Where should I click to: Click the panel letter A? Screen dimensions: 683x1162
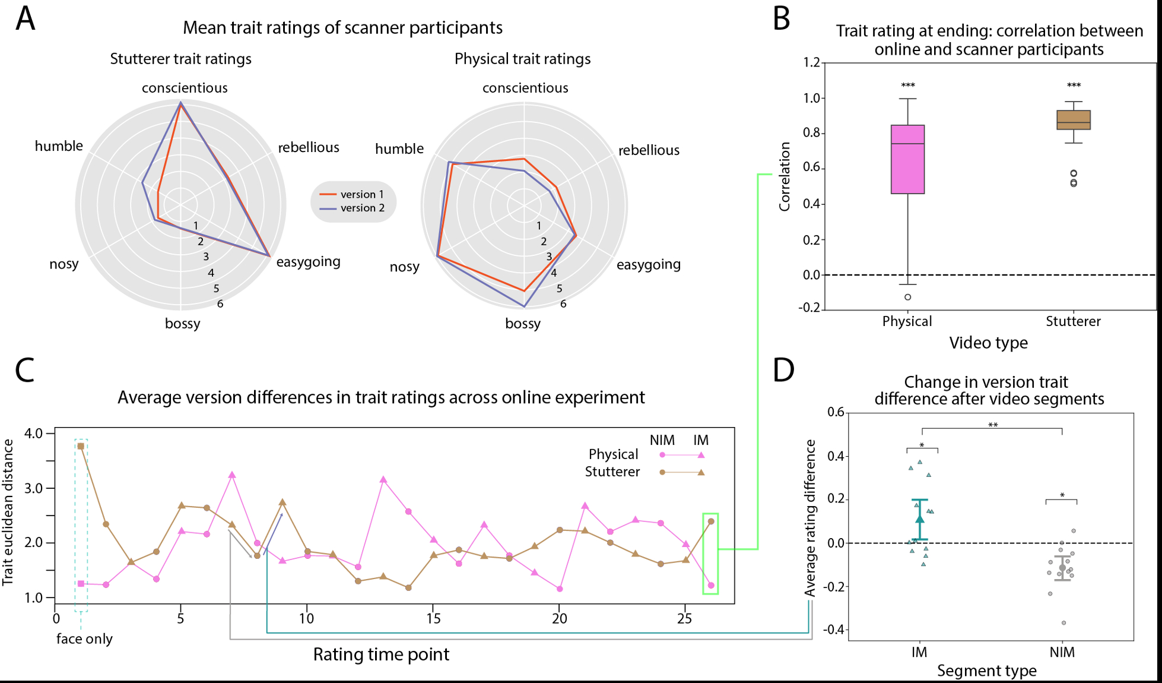pos(26,19)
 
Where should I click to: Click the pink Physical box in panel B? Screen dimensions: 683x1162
pos(907,159)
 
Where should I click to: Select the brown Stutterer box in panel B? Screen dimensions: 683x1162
pos(1074,120)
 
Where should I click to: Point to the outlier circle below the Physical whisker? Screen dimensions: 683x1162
pos(908,297)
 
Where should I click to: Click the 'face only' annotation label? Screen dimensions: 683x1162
pos(84,639)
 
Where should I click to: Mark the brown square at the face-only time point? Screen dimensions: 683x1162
pos(81,446)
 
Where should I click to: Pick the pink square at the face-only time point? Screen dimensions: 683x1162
pos(81,584)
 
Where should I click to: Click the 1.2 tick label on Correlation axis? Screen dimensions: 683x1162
pos(811,62)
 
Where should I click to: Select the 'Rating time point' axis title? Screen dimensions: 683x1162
pos(381,654)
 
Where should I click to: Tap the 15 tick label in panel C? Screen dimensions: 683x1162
pos(433,619)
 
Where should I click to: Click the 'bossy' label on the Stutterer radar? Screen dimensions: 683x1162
pos(183,324)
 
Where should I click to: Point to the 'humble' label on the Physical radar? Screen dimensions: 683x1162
pos(399,148)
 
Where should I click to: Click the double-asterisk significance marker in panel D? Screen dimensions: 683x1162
pos(993,425)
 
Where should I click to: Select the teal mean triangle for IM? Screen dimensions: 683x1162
pos(920,519)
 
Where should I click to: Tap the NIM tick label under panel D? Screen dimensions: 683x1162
pos(1062,652)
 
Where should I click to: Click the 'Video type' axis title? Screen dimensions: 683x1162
pos(988,343)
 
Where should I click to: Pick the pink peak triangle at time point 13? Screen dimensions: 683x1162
pos(383,479)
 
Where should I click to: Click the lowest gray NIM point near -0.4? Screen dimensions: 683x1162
pos(1063,622)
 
